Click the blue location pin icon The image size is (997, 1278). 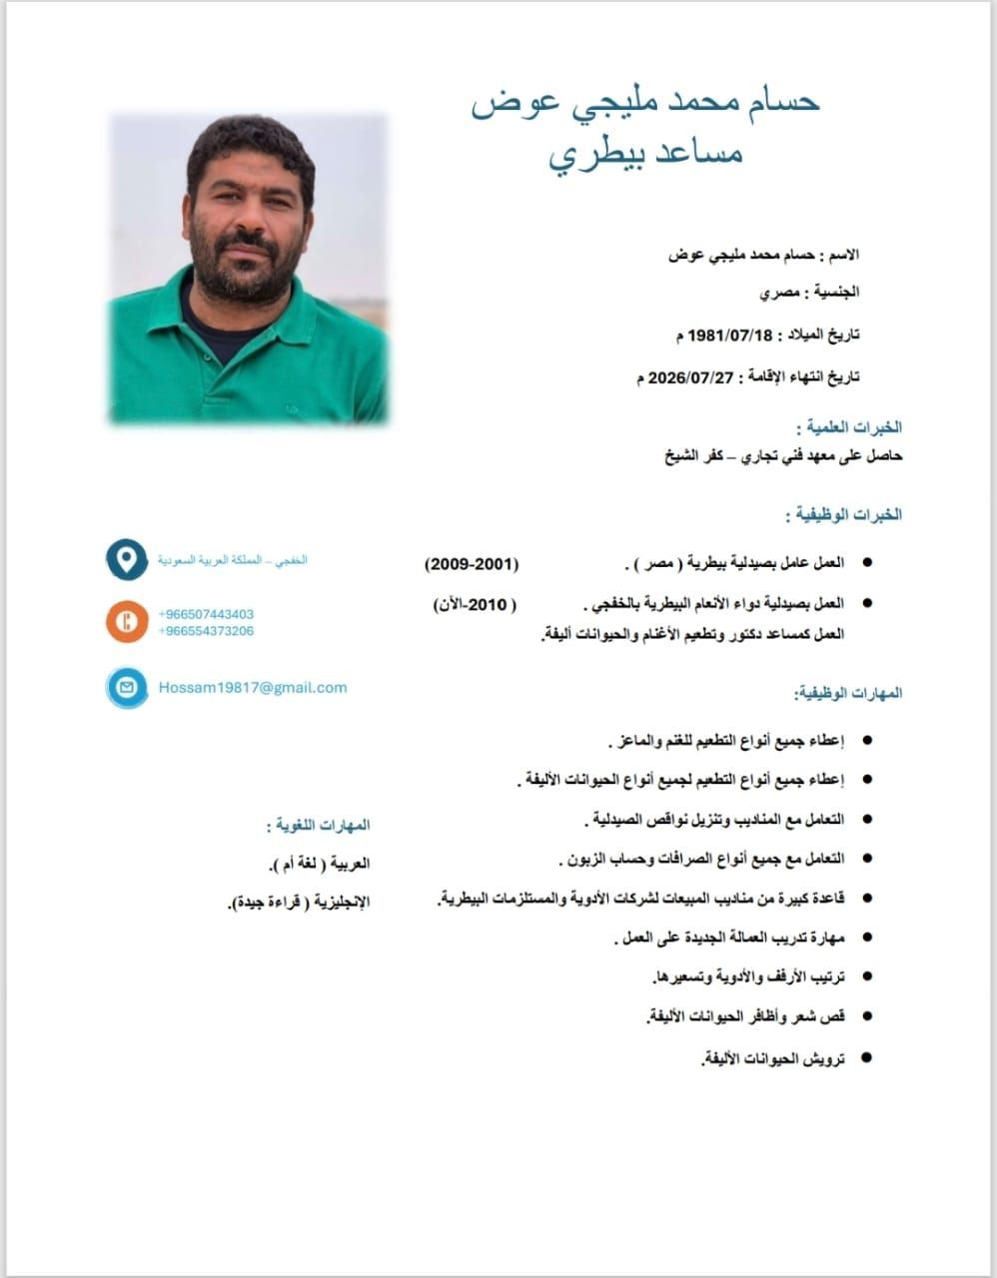pos(127,559)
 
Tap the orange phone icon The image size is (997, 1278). pos(127,621)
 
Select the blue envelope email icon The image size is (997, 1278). pos(127,688)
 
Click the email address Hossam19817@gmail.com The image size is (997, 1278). pos(253,687)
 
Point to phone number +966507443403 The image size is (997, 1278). pos(206,614)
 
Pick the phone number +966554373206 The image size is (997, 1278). pos(206,631)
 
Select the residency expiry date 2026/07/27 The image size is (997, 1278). pos(690,377)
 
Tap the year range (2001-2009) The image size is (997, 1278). pos(473,564)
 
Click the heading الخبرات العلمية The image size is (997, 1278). pos(849,427)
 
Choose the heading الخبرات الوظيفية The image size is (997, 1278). pos(844,515)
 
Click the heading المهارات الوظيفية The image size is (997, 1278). pos(848,693)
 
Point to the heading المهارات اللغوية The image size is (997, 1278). pos(319,826)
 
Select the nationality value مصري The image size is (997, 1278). pos(778,294)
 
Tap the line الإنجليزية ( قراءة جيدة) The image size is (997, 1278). pos(299,903)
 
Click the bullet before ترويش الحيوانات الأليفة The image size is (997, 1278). pos(866,1056)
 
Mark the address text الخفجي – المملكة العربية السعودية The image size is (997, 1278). pos(233,560)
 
